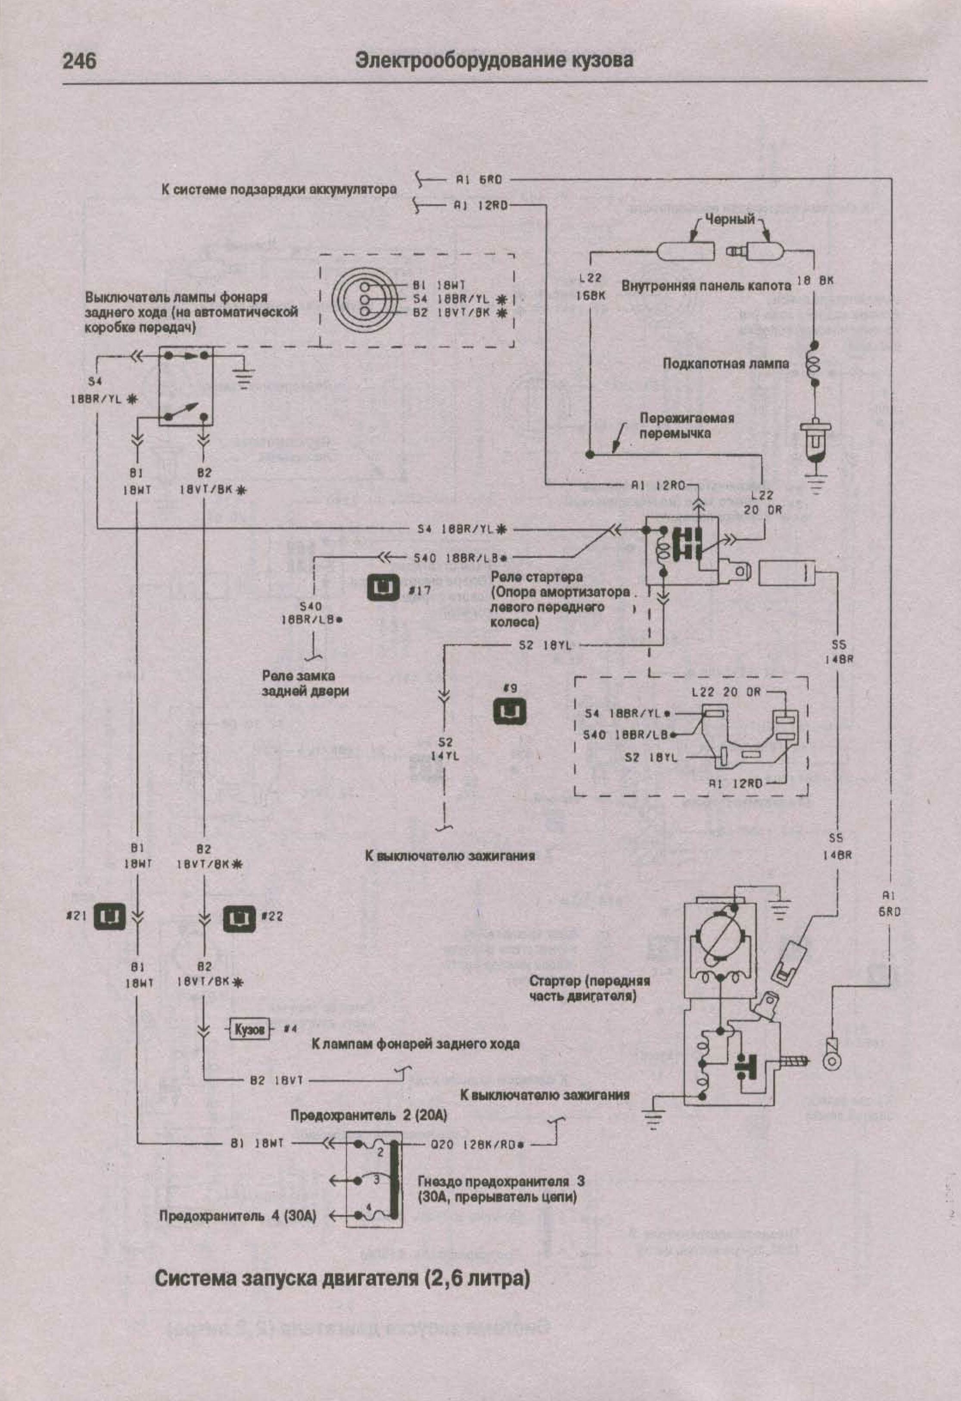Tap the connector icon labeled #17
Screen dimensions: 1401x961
(x=383, y=588)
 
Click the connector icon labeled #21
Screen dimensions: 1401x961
(x=109, y=917)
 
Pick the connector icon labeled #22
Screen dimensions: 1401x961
(x=239, y=918)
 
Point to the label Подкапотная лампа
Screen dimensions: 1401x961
(x=726, y=363)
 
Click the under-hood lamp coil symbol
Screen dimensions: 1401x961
(x=814, y=365)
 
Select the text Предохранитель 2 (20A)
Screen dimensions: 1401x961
(x=368, y=1115)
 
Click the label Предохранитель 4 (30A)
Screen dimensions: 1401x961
(x=237, y=1216)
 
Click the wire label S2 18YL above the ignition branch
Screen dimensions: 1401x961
(x=545, y=645)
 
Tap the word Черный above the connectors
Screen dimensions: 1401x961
(x=730, y=220)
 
